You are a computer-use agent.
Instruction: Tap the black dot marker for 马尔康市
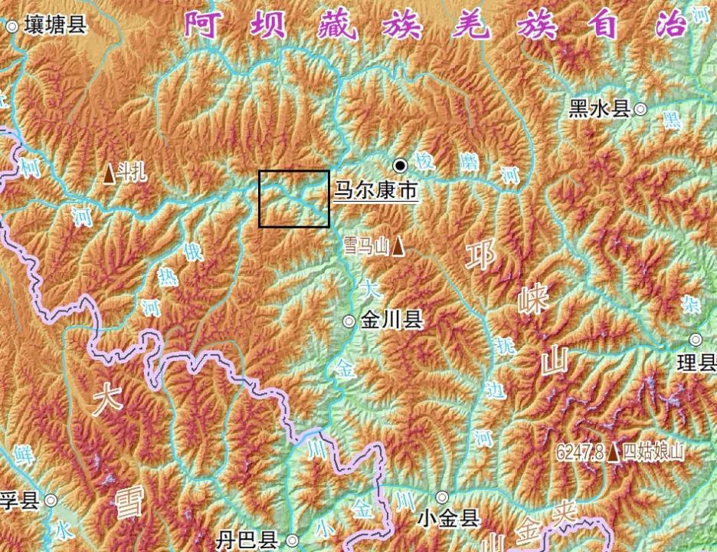[x=401, y=165]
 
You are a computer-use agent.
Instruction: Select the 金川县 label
[x=392, y=320]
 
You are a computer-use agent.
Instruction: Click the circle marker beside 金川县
[x=349, y=321]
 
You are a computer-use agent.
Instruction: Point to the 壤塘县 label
[x=55, y=25]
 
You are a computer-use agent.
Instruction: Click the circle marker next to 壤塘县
[x=12, y=26]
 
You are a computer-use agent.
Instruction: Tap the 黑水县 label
[x=600, y=109]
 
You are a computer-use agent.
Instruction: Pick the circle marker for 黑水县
[x=640, y=109]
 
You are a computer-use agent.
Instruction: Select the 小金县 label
[x=450, y=519]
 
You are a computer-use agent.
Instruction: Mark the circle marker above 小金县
[x=441, y=498]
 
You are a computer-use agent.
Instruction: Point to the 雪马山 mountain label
[x=365, y=246]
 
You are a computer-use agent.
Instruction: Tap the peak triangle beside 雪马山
[x=398, y=246]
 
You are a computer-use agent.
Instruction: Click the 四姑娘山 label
[x=653, y=452]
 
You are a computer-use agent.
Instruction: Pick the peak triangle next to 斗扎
[x=110, y=175]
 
